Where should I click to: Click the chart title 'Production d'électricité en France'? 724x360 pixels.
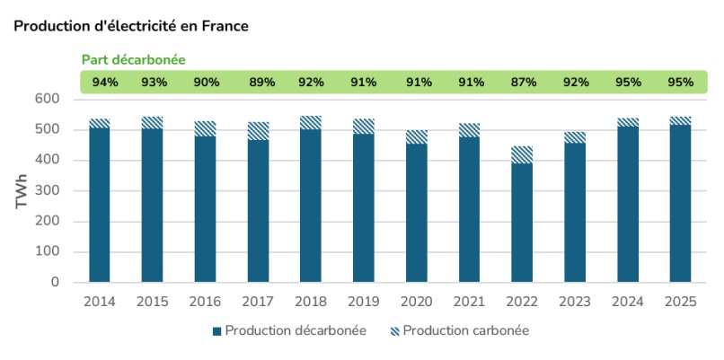point(131,26)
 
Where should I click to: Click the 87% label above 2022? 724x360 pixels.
point(522,83)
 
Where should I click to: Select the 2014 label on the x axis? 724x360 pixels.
point(99,302)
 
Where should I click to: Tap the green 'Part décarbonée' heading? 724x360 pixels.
point(133,59)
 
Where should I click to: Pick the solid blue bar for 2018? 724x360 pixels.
point(311,206)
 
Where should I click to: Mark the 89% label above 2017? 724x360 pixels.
point(258,83)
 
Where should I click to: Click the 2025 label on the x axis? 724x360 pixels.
point(680,302)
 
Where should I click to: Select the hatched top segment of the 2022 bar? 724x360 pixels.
point(522,154)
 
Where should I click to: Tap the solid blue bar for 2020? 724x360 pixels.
point(416,213)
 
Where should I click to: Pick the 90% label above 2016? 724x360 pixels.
point(205,83)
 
